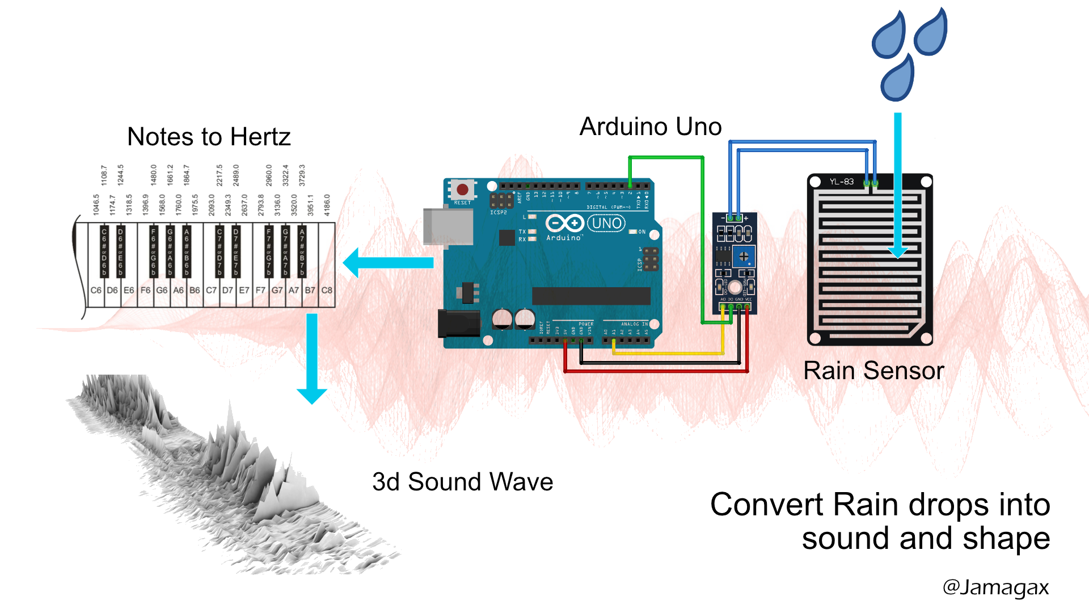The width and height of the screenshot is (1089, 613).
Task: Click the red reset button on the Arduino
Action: point(462,190)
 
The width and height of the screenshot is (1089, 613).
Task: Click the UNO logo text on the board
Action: point(606,223)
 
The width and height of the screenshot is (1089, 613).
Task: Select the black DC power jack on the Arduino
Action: point(459,324)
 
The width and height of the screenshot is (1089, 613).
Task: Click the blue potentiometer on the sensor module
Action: point(743,257)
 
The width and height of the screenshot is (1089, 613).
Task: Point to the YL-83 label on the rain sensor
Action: point(841,182)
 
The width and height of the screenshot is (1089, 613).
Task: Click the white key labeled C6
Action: point(96,290)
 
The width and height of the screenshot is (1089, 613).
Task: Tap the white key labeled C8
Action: point(327,290)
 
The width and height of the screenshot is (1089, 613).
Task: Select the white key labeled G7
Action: point(277,290)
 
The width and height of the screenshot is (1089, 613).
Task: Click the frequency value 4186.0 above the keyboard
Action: point(327,205)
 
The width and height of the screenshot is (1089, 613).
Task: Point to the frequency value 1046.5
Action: point(96,205)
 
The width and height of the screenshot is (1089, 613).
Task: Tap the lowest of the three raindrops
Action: point(898,79)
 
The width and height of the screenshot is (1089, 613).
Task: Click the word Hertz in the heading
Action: point(260,137)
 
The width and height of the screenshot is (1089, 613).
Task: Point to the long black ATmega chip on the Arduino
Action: point(590,296)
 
